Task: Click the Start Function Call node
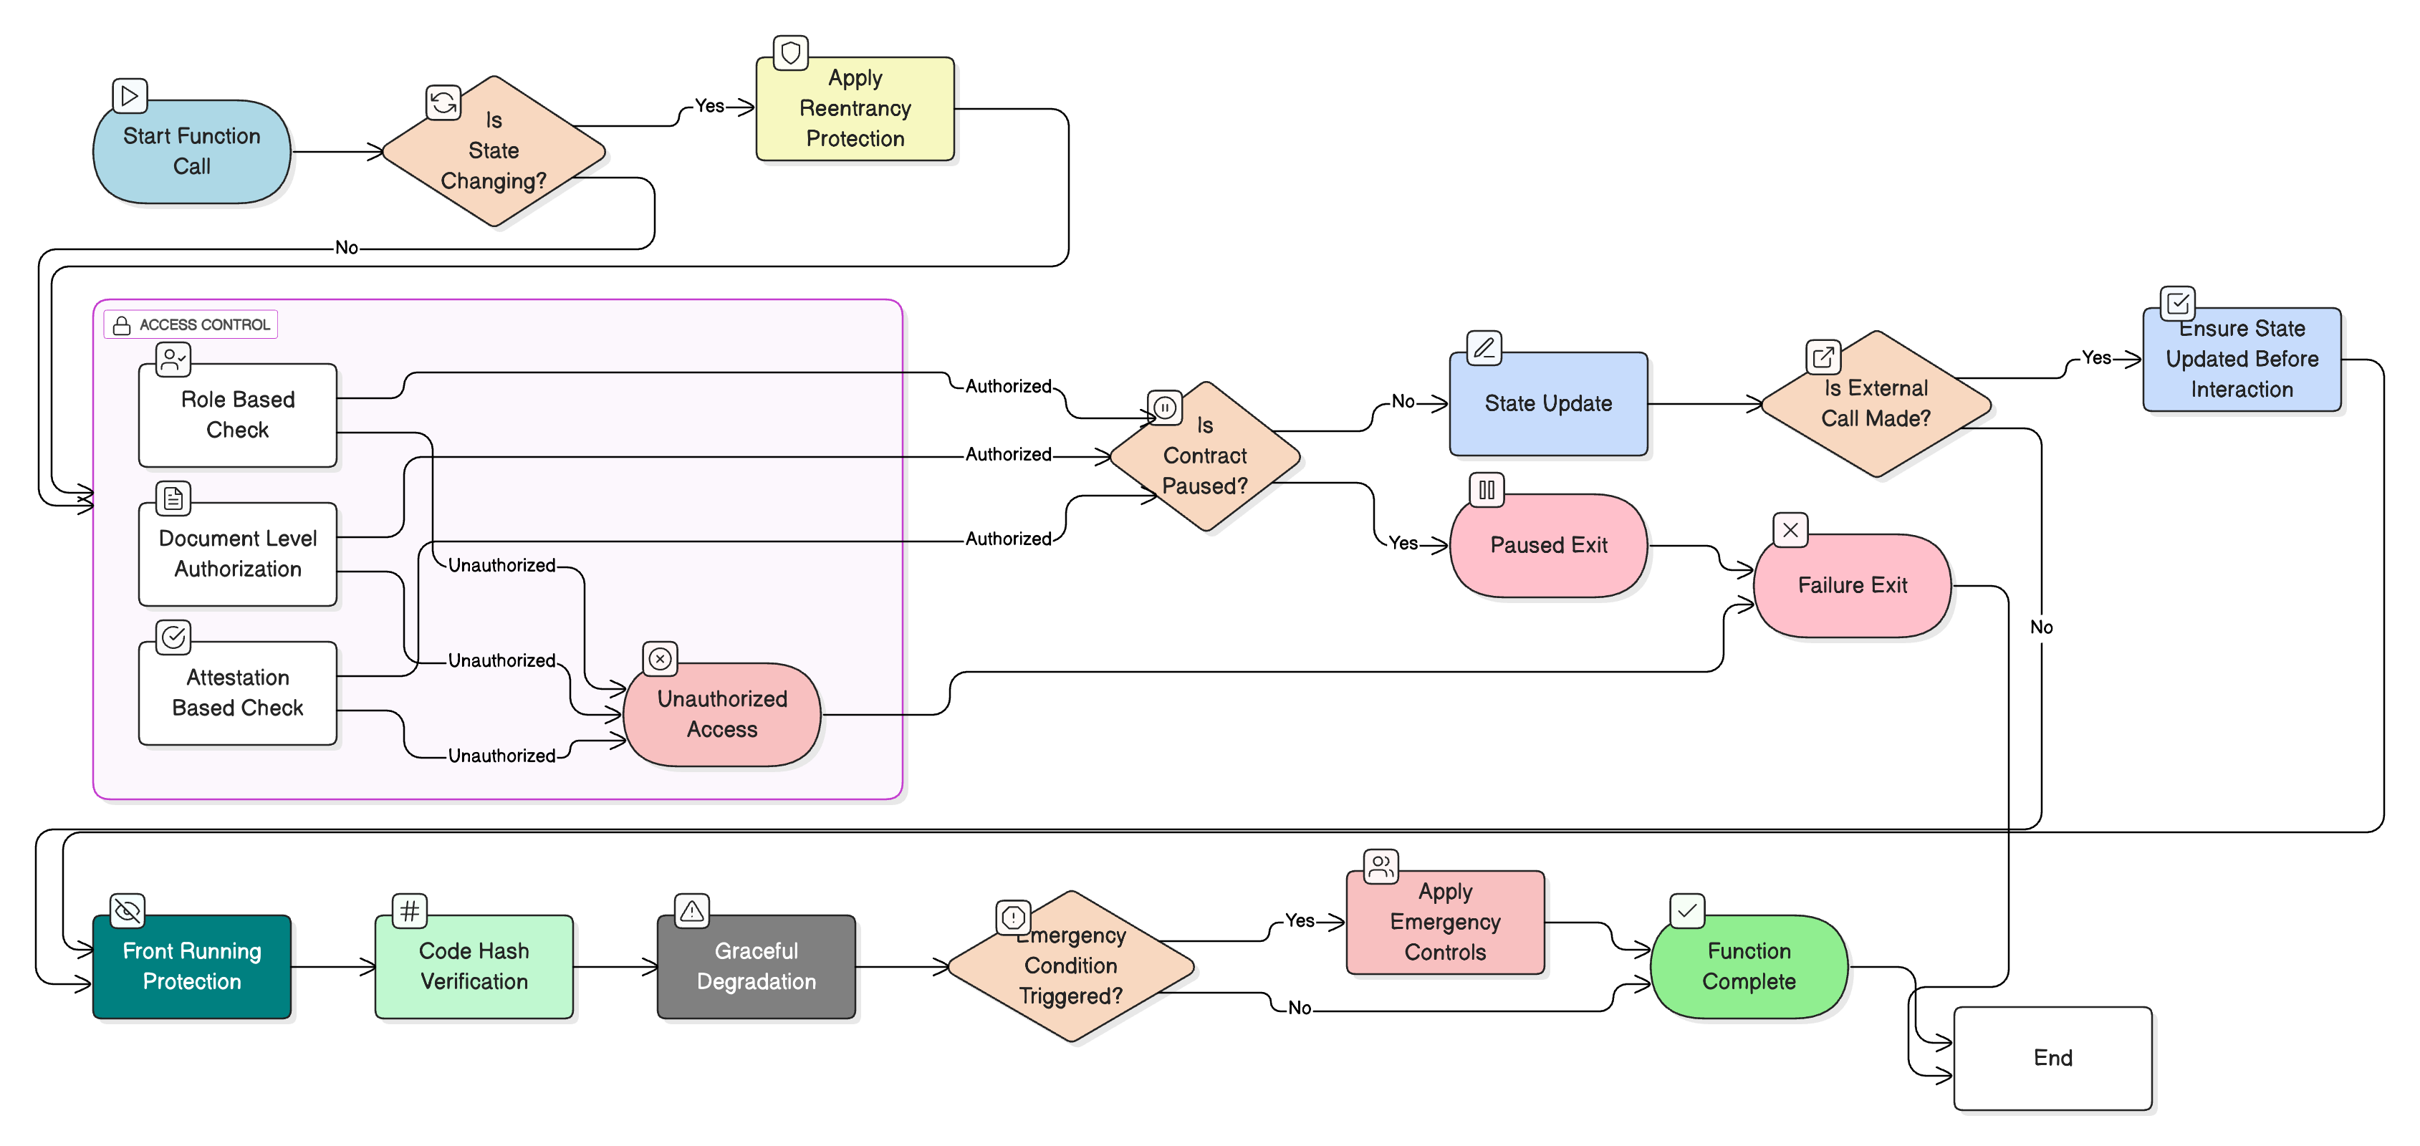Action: pyautogui.click(x=192, y=151)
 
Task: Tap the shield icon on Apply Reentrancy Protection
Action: pyautogui.click(x=790, y=52)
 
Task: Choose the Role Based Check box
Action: pyautogui.click(x=238, y=415)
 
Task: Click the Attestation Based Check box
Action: pyautogui.click(x=238, y=693)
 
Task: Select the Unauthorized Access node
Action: pyautogui.click(x=721, y=714)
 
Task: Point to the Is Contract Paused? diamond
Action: pyautogui.click(x=1204, y=456)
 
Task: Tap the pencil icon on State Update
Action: pyautogui.click(x=1484, y=347)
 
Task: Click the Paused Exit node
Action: pyautogui.click(x=1548, y=545)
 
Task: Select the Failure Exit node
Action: pyautogui.click(x=1852, y=585)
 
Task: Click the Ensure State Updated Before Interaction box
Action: pyautogui.click(x=2242, y=359)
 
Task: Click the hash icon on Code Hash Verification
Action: pyautogui.click(x=410, y=910)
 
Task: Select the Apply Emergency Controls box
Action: pyautogui.click(x=1445, y=922)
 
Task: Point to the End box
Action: pyautogui.click(x=2052, y=1058)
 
